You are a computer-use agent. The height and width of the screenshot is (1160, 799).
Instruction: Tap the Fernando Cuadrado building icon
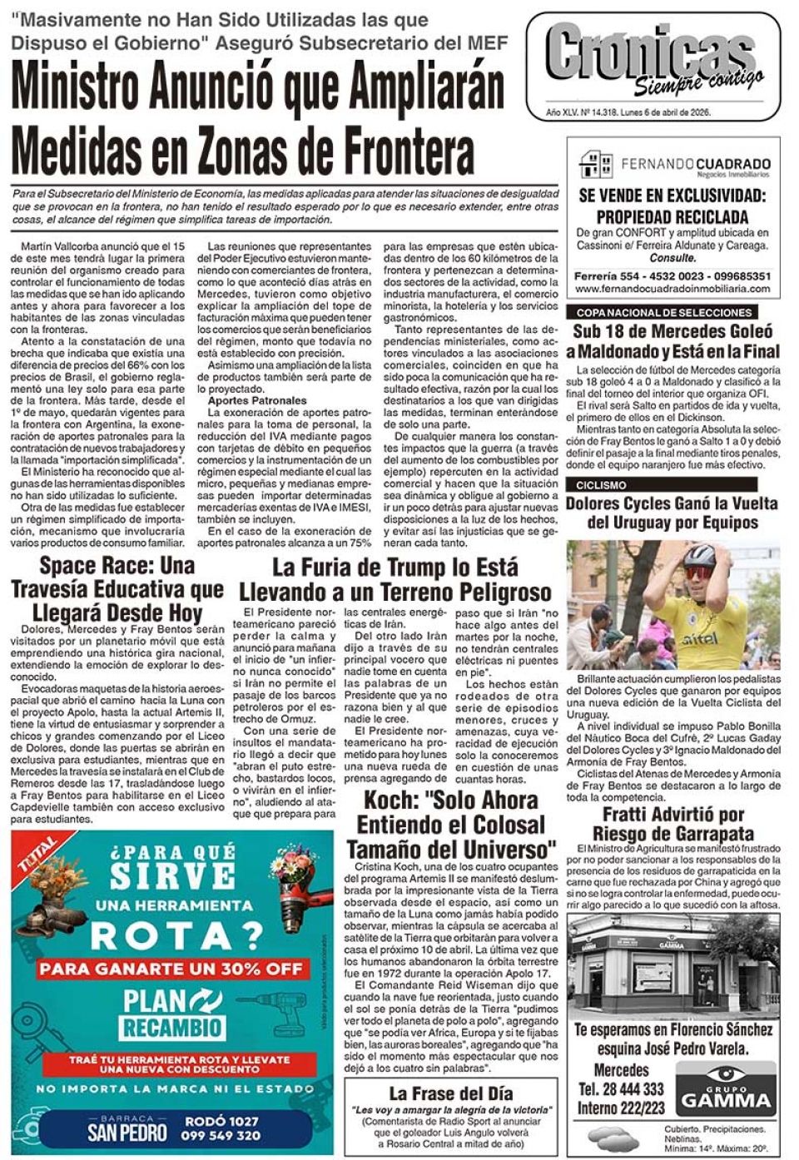coord(595,165)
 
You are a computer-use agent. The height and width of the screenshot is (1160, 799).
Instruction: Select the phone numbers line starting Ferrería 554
coord(672,276)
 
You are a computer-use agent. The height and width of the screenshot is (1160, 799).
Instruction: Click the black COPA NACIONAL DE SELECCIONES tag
coord(663,313)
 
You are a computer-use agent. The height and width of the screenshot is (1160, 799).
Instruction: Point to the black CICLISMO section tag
coord(601,485)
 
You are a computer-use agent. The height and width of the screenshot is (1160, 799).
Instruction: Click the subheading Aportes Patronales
coord(257,400)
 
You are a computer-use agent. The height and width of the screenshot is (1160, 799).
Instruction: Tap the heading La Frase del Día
coord(450,1093)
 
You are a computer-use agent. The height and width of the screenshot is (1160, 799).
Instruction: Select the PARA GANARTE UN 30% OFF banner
coord(171,969)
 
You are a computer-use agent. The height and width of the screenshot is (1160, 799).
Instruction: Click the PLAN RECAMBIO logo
coord(172,1014)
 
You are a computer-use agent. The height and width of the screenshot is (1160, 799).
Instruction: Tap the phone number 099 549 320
coord(221,1135)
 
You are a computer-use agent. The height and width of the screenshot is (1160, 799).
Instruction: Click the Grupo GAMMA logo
coord(726,1090)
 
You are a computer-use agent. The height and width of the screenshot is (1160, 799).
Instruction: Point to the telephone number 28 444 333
coord(632,1089)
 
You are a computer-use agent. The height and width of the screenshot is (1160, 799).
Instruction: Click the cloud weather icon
coord(614,1138)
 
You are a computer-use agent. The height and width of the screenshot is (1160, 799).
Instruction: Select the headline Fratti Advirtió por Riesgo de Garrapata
coord(672,824)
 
